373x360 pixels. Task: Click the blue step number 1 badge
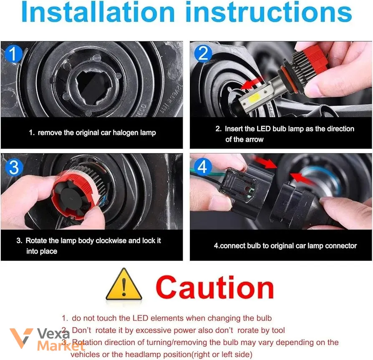tap(13, 54)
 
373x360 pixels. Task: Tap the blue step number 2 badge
tap(203, 53)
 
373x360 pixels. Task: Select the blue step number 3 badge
tap(14, 167)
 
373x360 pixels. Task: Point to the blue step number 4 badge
tap(203, 166)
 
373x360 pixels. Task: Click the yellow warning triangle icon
tap(123, 284)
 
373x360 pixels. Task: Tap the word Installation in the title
tap(98, 12)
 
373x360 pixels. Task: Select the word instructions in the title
tap(269, 12)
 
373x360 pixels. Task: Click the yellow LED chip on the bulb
tap(254, 96)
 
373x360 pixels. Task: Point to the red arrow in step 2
tap(252, 83)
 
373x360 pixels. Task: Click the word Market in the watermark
tap(61, 346)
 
